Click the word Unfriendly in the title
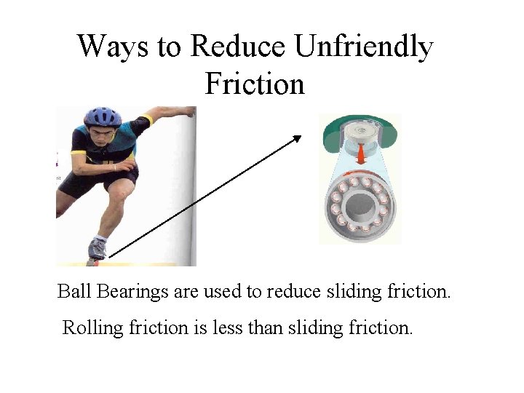click(363, 47)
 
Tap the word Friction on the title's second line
click(255, 84)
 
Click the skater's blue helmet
click(103, 116)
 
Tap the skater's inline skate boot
click(97, 250)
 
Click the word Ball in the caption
click(73, 292)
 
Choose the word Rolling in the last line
click(93, 328)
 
